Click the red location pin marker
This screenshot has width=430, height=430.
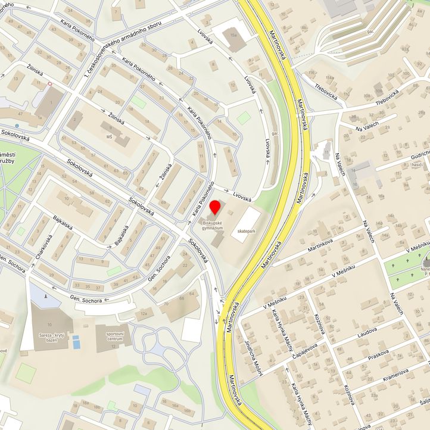point(215,208)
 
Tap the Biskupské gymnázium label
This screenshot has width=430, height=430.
point(216,225)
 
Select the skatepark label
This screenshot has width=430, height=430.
point(245,230)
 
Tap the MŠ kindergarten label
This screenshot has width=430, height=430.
point(109,136)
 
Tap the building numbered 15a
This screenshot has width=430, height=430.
point(233,36)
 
